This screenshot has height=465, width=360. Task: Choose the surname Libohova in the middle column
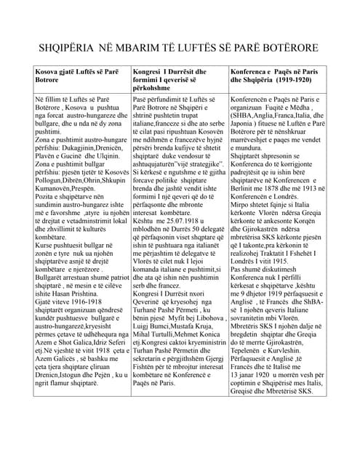pos(205,318)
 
